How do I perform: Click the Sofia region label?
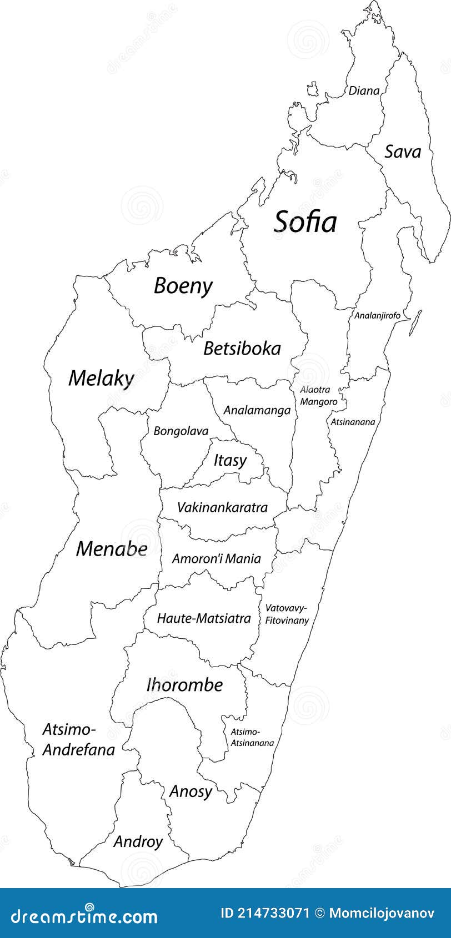click(x=305, y=221)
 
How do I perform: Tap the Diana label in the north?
click(x=364, y=90)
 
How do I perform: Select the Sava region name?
click(x=403, y=152)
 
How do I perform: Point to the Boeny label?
click(x=183, y=286)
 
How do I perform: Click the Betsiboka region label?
click(x=242, y=349)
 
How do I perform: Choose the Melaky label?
click(x=101, y=379)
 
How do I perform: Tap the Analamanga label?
click(x=257, y=410)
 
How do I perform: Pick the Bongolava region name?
click(x=181, y=431)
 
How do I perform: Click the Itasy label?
click(x=230, y=460)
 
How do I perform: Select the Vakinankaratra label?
click(x=222, y=507)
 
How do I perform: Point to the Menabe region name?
click(x=112, y=549)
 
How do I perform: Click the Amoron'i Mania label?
click(x=216, y=558)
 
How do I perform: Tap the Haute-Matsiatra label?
click(x=204, y=618)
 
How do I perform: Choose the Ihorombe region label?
click(x=184, y=685)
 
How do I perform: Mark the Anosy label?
click(x=191, y=791)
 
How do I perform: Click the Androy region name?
click(x=138, y=841)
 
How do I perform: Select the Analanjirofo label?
click(x=378, y=315)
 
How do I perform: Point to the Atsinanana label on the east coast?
click(x=353, y=422)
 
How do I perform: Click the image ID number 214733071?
click(x=272, y=913)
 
